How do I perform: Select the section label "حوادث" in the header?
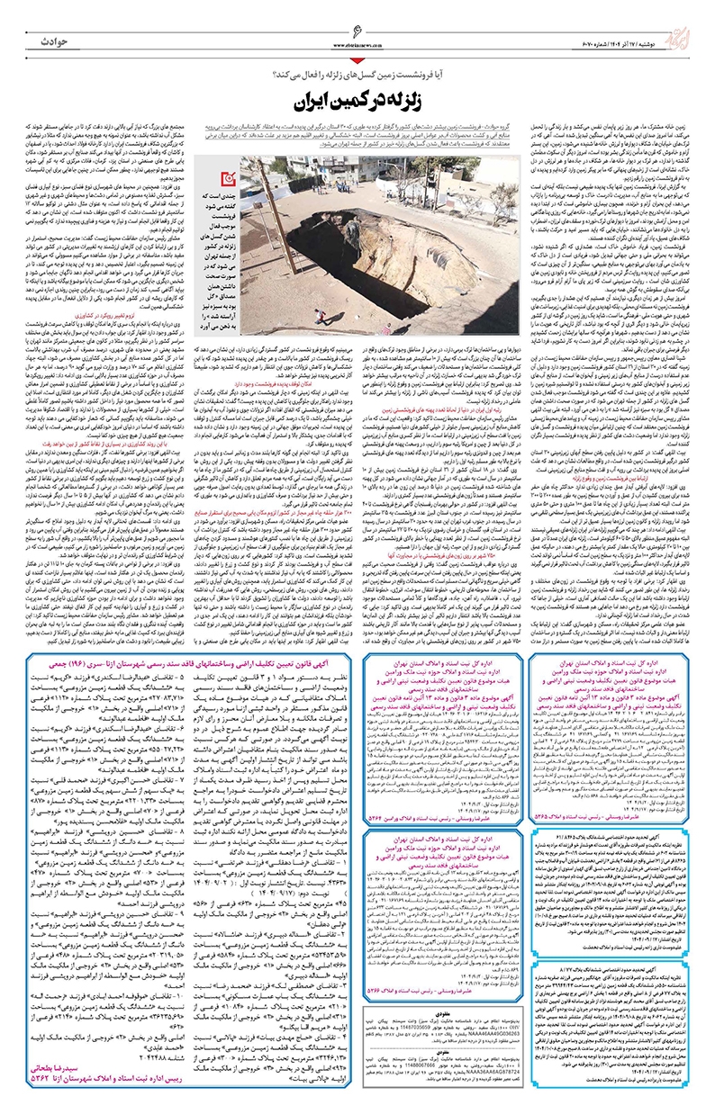click(x=54, y=42)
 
